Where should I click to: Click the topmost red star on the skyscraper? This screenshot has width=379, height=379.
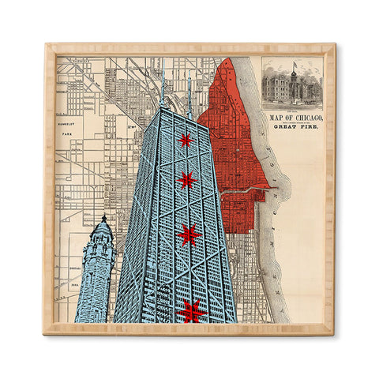pyautogui.click(x=185, y=141)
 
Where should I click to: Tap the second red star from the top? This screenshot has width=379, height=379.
pyautogui.click(x=186, y=180)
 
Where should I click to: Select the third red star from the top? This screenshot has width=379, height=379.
pyautogui.click(x=189, y=235)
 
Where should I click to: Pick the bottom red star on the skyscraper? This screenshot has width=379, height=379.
pyautogui.click(x=192, y=310)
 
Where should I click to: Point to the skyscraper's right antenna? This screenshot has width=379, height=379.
pyautogui.click(x=189, y=93)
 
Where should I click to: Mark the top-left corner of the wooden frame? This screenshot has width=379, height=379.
pyautogui.click(x=45, y=45)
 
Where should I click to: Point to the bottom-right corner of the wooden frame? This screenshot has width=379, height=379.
pyautogui.click(x=335, y=333)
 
